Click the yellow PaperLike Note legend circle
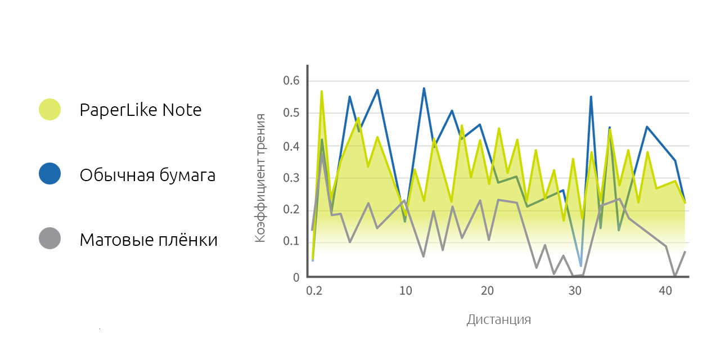coord(49,109)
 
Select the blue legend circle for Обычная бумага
coord(49,174)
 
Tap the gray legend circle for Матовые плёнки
coord(49,238)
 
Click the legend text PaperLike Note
coord(141,110)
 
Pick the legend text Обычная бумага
coord(147,175)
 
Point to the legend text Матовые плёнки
coord(148,240)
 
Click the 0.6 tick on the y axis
coord(291,81)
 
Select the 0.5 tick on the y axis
coord(291,113)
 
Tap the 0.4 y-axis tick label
coord(291,146)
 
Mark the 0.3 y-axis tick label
coord(291,178)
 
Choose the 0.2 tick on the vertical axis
coord(291,210)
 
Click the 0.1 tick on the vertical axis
coord(291,241)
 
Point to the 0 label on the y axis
coord(296,277)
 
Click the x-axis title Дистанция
coord(498,320)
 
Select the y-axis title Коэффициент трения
coord(260,178)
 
